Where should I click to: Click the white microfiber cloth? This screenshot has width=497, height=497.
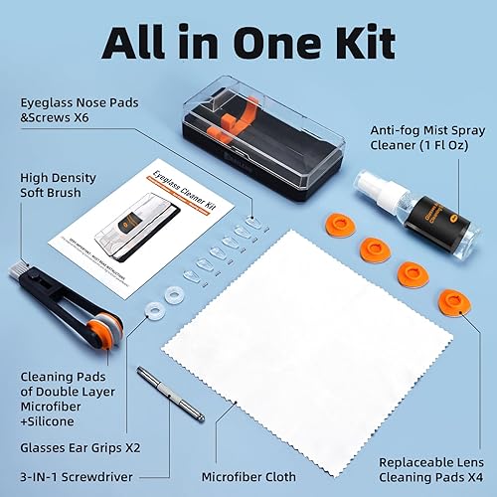[x=298, y=338]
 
